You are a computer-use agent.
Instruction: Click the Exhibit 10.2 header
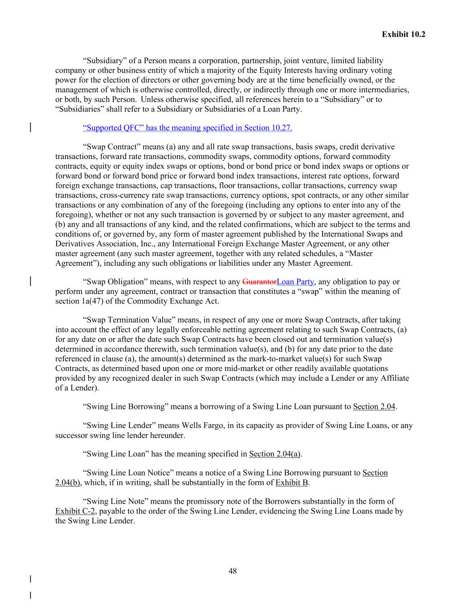(403, 34)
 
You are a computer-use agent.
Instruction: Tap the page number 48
(233, 571)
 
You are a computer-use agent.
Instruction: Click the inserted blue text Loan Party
(295, 282)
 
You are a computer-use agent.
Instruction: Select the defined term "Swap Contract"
(112, 147)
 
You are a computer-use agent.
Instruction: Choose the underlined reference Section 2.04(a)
(275, 454)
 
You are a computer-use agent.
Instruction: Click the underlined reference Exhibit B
(292, 483)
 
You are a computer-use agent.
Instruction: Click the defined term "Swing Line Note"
(115, 502)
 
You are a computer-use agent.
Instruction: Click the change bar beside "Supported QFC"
(30, 128)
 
